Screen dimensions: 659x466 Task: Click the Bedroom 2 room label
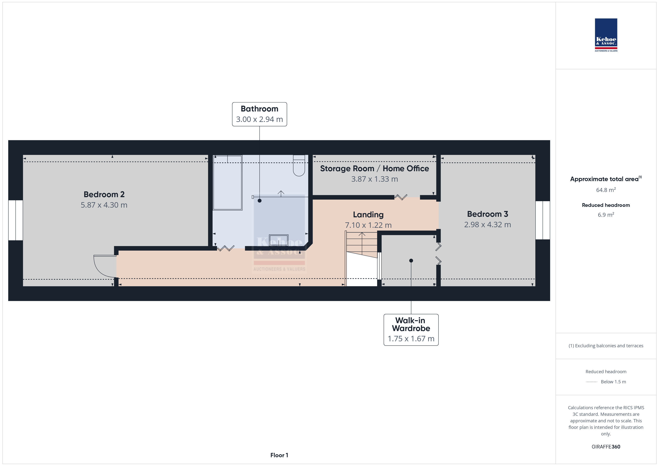[x=104, y=194]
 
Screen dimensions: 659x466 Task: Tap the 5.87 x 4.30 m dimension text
[x=104, y=205]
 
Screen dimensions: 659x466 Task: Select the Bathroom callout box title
[x=259, y=109]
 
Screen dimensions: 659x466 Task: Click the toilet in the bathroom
[x=299, y=166]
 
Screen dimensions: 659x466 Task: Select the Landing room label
[x=368, y=215]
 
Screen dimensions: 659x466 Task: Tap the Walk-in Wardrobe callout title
[x=411, y=324]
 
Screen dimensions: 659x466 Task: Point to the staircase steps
[x=362, y=244]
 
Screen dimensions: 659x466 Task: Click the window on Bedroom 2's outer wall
[x=16, y=220]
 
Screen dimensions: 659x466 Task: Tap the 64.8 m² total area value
[x=606, y=190]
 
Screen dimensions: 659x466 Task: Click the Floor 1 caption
[x=279, y=455]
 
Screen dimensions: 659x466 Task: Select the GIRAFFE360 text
[x=606, y=447]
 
